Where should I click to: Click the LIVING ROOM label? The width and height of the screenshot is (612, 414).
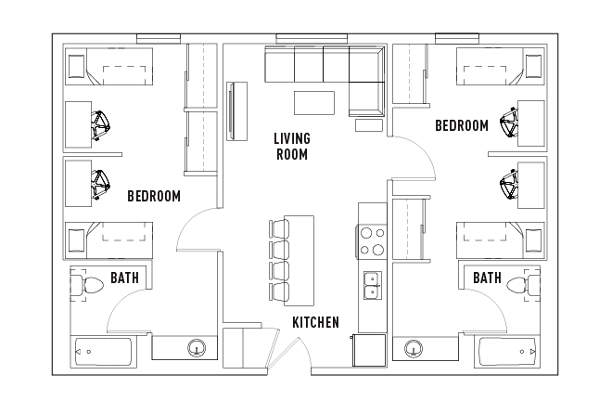[x=291, y=147]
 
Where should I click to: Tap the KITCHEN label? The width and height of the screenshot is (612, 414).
[x=315, y=322]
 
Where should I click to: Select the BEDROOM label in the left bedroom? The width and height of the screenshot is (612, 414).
[x=153, y=196]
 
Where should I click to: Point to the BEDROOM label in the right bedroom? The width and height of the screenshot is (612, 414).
[x=461, y=125]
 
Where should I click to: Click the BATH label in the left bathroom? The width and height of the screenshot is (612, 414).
[x=125, y=278]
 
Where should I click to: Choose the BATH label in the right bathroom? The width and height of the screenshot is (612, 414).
[x=488, y=278]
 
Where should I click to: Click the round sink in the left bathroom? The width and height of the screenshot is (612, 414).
[x=197, y=349]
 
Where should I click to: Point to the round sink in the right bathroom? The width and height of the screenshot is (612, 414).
[x=414, y=349]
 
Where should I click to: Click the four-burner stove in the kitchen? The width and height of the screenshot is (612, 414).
[x=372, y=241]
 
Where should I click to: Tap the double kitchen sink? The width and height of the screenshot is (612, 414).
[x=372, y=285]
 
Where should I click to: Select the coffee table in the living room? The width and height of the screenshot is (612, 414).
[x=314, y=101]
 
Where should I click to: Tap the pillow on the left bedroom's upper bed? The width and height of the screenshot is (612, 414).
[x=77, y=67]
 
